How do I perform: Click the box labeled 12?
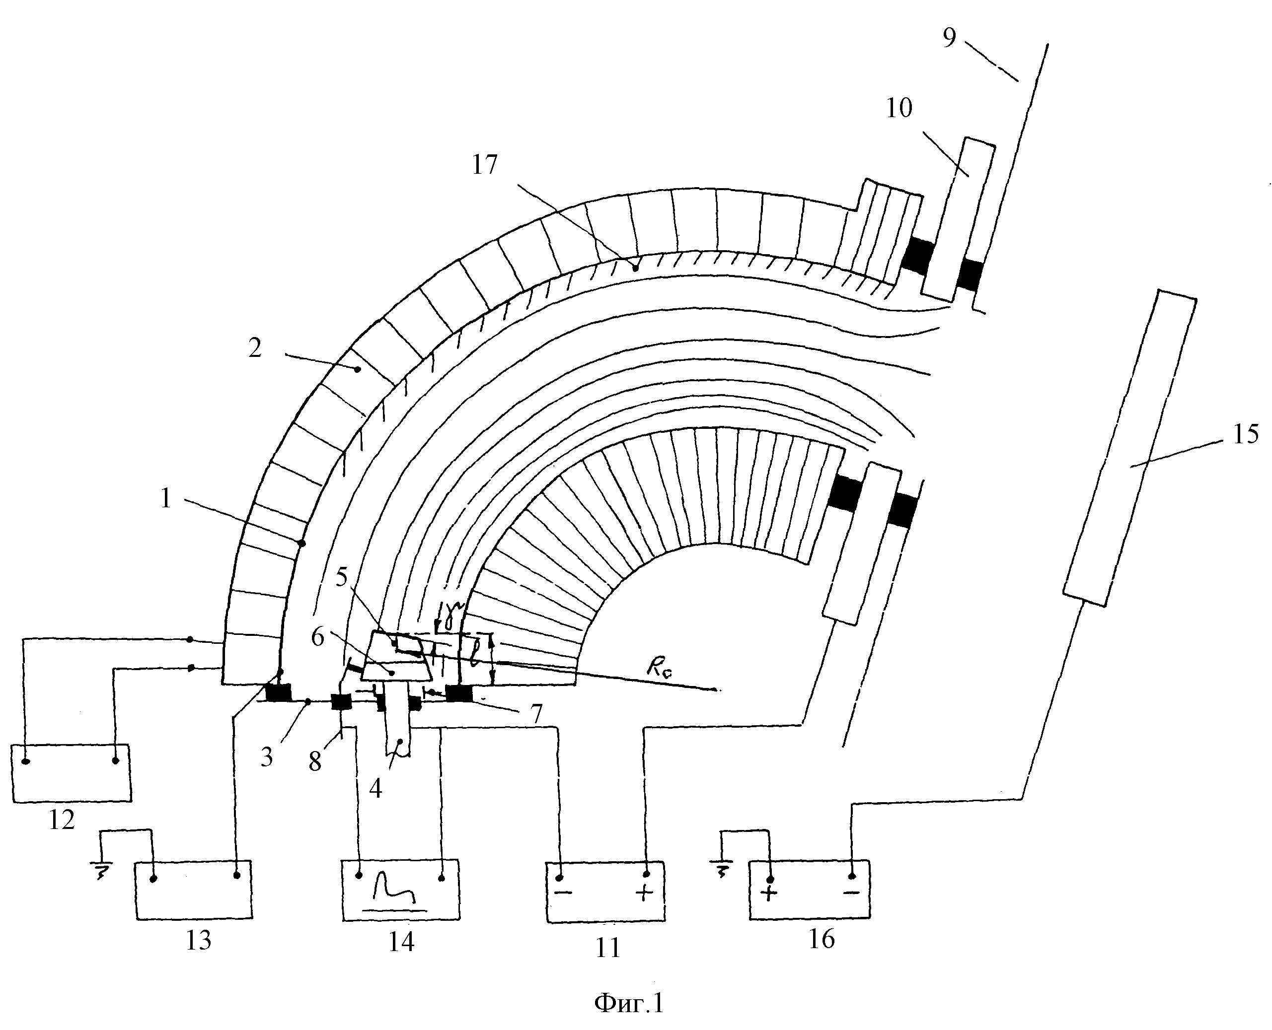pos(71,773)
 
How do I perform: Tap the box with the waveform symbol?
pos(401,890)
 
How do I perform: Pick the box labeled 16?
pos(810,890)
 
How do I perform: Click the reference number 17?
pos(484,165)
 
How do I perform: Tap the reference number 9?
pos(949,37)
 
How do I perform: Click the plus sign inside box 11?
pos(644,893)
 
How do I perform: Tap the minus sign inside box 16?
pos(851,892)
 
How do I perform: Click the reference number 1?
pos(165,498)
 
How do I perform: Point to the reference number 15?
pos(1245,434)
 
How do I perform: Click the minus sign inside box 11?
pos(564,893)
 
